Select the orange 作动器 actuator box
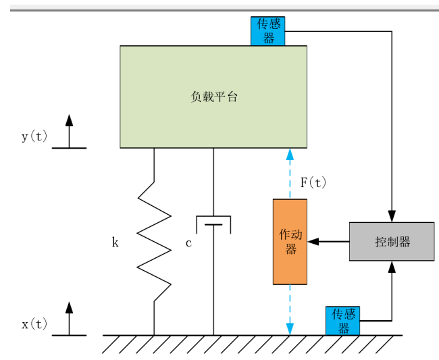coord(290,241)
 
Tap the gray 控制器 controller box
coord(391,241)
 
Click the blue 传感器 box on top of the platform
coord(267,31)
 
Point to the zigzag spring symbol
coord(154,242)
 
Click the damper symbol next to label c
coord(213,225)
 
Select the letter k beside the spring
coord(115,242)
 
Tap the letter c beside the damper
coord(188,242)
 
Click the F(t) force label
coord(313,182)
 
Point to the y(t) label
coord(34,136)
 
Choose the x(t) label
coord(34,324)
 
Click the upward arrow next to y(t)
coord(69,129)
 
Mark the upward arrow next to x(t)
coord(69,317)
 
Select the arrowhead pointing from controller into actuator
coord(312,241)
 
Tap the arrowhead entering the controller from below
coord(391,266)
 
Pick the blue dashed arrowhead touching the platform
coord(290,153)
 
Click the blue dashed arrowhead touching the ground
coord(290,330)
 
